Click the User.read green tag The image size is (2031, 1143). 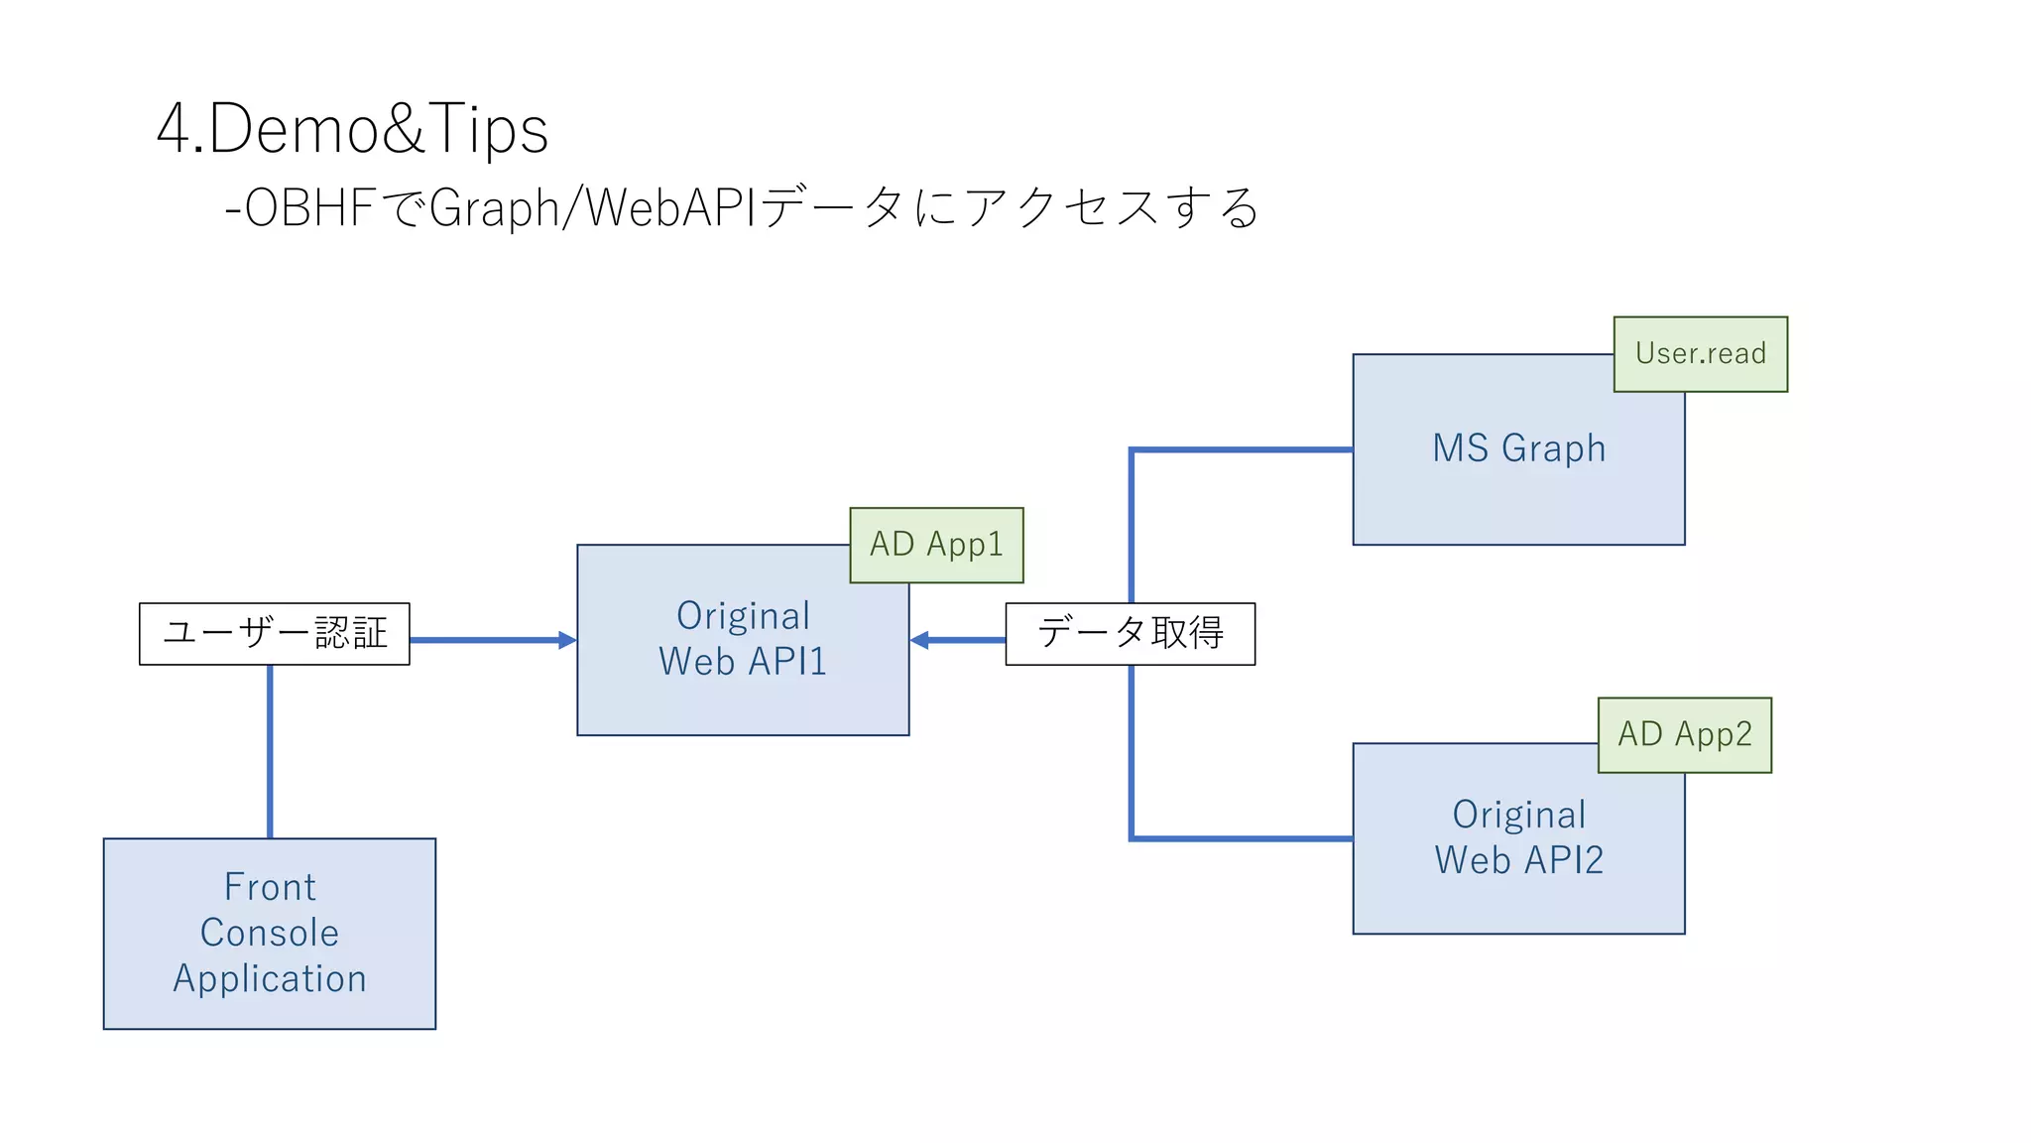click(x=1700, y=354)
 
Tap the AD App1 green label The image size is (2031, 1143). click(x=936, y=545)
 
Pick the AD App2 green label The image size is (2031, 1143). click(x=1684, y=735)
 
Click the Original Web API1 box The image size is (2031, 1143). click(x=742, y=685)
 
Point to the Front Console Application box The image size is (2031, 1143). click(x=269, y=934)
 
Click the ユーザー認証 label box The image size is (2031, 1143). click(x=275, y=633)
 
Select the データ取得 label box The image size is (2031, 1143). click(x=1130, y=633)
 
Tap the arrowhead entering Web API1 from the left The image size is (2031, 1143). click(x=568, y=640)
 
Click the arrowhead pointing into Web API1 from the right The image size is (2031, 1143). click(x=919, y=640)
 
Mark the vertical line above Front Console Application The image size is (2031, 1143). click(x=270, y=751)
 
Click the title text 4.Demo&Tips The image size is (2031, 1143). click(x=352, y=129)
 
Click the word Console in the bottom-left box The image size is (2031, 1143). click(x=269, y=933)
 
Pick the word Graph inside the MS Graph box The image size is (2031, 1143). click(x=1553, y=448)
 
